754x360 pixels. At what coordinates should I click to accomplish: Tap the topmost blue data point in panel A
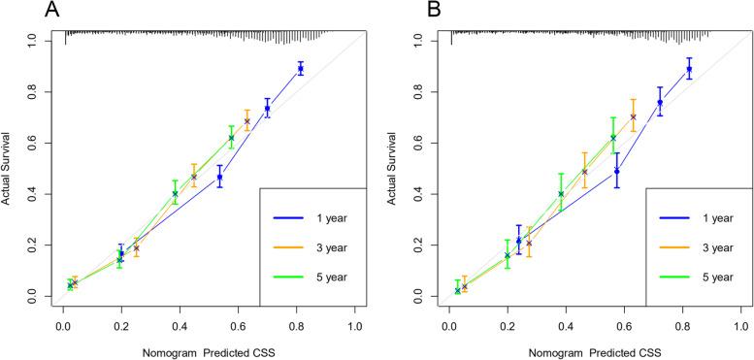click(301, 69)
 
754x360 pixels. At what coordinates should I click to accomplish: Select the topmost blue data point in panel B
click(689, 69)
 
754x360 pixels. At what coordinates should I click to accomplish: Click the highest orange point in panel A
click(246, 121)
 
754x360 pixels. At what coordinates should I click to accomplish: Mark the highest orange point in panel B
click(634, 116)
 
